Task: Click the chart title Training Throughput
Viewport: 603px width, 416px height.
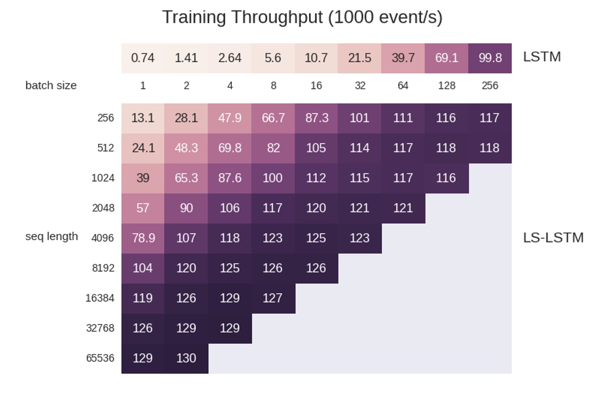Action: [x=302, y=17]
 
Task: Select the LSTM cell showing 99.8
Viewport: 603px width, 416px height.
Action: [x=490, y=58]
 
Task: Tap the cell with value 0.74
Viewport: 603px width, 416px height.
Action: [x=142, y=58]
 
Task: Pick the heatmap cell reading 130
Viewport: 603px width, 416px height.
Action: [x=186, y=358]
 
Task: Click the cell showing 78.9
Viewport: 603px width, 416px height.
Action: [x=143, y=238]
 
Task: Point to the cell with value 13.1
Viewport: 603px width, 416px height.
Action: [x=142, y=118]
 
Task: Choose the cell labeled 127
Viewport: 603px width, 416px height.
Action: [x=273, y=298]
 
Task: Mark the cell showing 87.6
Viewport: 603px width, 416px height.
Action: [x=230, y=178]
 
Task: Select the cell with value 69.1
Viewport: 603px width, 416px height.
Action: [x=446, y=58]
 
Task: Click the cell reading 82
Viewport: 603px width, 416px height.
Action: [x=273, y=148]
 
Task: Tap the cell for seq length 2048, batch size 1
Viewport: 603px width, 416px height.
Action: [x=142, y=208]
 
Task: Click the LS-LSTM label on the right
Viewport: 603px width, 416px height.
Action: [x=553, y=237]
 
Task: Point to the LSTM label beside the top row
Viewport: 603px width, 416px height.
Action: [x=541, y=57]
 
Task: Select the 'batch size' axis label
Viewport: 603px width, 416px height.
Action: [x=51, y=85]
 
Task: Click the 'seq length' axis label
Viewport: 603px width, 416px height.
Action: [x=51, y=236]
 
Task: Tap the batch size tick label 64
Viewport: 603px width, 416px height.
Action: [x=403, y=86]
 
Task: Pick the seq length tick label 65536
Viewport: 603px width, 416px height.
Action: [x=100, y=358]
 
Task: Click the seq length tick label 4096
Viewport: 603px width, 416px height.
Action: [x=103, y=238]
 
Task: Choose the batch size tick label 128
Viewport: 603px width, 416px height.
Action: [x=446, y=86]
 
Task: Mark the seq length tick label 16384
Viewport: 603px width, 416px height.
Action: [x=100, y=298]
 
